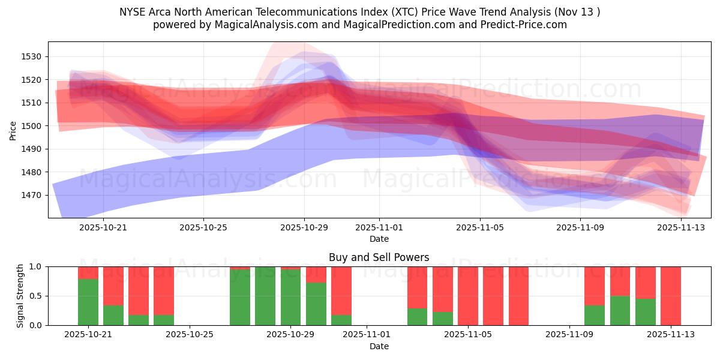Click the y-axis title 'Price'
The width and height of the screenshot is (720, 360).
[13, 130]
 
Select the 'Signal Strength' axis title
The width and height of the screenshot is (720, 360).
[20, 296]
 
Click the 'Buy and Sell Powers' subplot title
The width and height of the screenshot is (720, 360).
[379, 257]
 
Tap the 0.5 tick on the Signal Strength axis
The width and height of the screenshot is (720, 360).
[35, 296]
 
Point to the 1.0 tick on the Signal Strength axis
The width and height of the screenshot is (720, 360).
[35, 266]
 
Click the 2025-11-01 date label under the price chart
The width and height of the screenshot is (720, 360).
[379, 227]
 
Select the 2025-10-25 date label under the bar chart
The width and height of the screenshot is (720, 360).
[190, 335]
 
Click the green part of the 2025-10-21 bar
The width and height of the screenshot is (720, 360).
[88, 302]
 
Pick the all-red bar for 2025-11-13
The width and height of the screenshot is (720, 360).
[671, 296]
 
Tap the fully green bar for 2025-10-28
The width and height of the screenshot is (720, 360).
[265, 296]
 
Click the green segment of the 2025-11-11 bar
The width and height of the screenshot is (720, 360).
[620, 310]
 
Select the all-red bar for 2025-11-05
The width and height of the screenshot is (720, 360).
[468, 296]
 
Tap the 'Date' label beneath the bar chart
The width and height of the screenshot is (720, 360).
[379, 346]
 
